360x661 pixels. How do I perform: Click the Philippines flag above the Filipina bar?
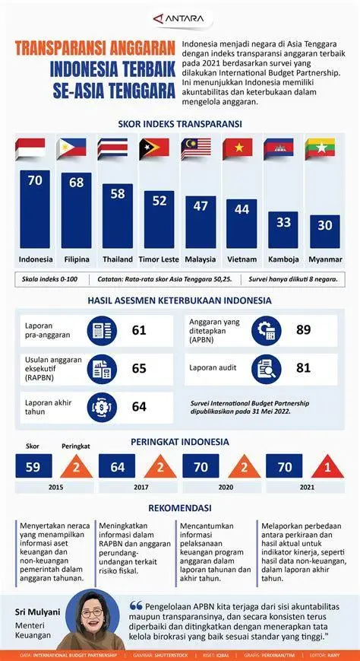click(76, 148)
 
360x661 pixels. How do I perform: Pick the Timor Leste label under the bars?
click(159, 259)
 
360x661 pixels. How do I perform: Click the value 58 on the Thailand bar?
click(117, 194)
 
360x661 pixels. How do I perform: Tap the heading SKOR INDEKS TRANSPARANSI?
click(180, 123)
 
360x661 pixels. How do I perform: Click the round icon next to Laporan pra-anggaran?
click(101, 331)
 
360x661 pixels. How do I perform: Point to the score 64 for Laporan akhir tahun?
click(139, 406)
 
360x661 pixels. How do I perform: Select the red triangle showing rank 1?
click(327, 466)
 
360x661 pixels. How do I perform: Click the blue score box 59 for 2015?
click(34, 466)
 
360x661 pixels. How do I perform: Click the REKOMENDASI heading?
click(180, 507)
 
